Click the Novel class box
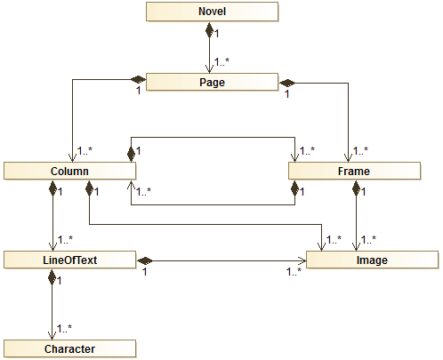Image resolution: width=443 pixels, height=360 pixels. point(211,12)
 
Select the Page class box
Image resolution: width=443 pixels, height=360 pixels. point(211,82)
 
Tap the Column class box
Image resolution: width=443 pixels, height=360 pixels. point(68,170)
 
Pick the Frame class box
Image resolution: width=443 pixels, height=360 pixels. point(354,170)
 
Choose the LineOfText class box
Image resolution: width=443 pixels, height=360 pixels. point(68,260)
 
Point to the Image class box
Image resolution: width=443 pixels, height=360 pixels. point(373,260)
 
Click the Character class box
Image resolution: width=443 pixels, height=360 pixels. point(68,348)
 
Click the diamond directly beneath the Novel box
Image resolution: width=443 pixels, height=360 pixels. point(211,30)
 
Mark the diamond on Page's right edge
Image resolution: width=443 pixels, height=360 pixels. point(286,82)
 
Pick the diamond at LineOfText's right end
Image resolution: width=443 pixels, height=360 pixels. point(143,260)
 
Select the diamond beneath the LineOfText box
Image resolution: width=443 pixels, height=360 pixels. point(51,276)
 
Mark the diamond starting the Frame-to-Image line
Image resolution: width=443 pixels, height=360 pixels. point(356,188)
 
